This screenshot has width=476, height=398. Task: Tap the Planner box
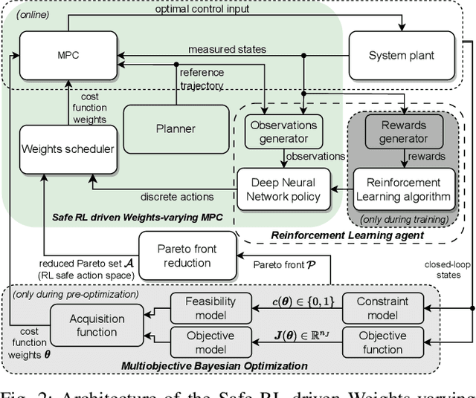click(176, 128)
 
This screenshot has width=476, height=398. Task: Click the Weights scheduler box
click(68, 149)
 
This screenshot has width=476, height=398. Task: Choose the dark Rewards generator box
click(404, 131)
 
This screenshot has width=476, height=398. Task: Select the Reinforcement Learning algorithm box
click(404, 189)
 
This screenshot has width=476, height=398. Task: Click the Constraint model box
click(382, 309)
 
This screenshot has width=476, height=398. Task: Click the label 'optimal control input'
click(208, 10)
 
